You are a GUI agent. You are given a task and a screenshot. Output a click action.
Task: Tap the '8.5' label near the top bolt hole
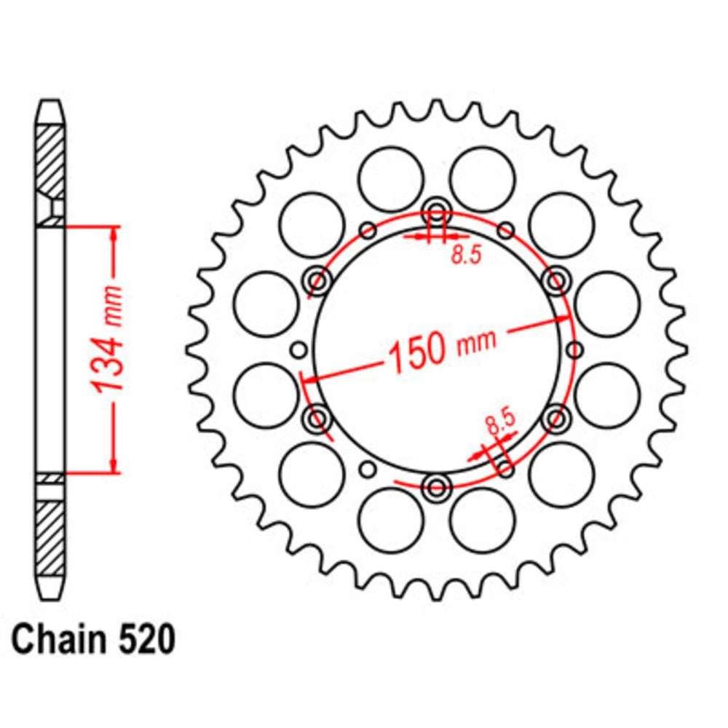coord(466,256)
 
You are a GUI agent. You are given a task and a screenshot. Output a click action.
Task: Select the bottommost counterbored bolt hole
coord(437,486)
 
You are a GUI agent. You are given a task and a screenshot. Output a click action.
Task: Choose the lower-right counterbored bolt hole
coord(556,418)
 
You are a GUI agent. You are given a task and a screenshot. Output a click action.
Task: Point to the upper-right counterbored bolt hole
coord(556,280)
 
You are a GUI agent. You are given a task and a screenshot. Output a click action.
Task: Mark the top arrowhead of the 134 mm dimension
coord(114,232)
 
